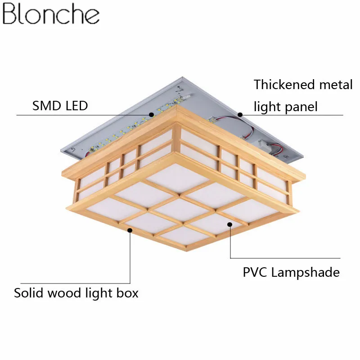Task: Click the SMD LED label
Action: [x=60, y=106]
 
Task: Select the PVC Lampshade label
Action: [x=291, y=272]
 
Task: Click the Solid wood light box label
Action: [x=76, y=293]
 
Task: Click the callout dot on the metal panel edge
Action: [x=240, y=115]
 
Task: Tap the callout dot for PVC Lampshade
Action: [x=230, y=224]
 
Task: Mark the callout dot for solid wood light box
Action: [x=130, y=230]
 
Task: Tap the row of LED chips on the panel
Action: [x=135, y=126]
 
